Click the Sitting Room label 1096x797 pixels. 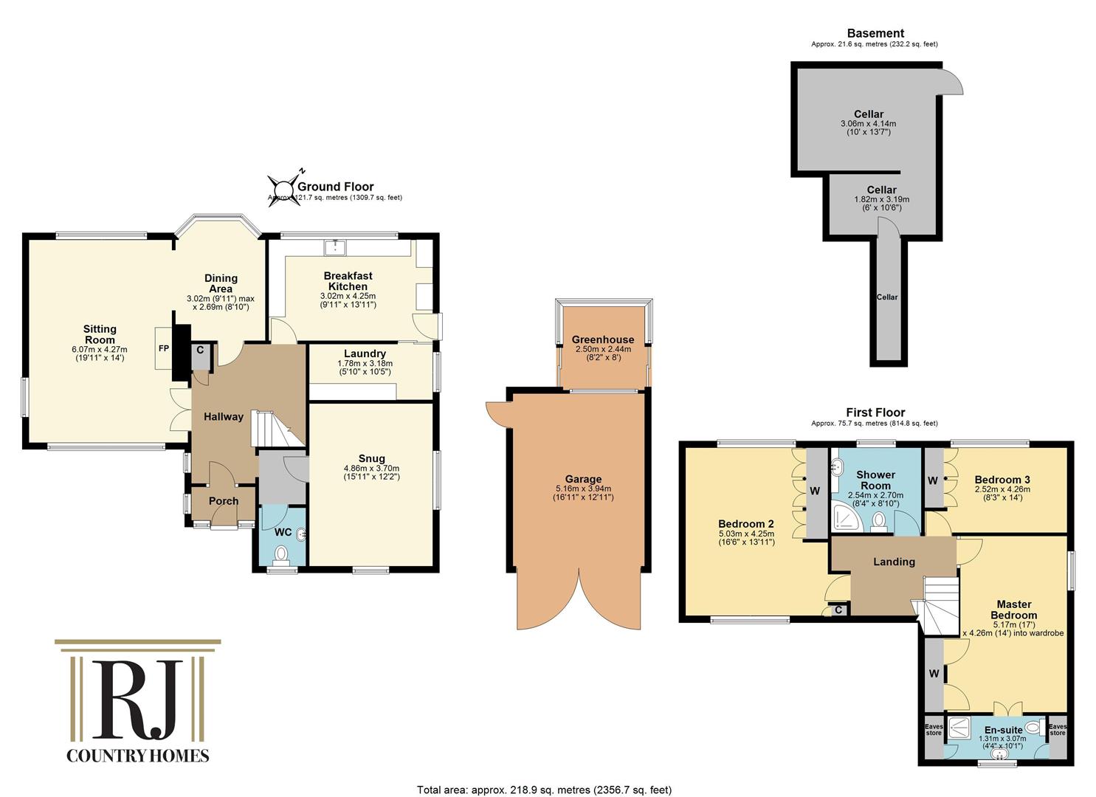point(100,334)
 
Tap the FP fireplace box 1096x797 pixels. point(163,348)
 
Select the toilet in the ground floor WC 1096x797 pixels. point(280,553)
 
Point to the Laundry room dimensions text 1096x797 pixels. point(364,367)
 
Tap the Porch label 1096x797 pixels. point(224,501)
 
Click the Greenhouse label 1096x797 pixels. point(603,339)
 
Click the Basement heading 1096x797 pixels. point(875,33)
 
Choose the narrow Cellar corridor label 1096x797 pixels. point(887,297)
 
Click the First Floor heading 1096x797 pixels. point(875,413)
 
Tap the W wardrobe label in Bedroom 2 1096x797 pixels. point(816,491)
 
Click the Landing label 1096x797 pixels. point(894,562)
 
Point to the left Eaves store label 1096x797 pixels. point(934,730)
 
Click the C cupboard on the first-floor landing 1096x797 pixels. point(838,610)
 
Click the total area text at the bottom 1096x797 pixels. point(545,790)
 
